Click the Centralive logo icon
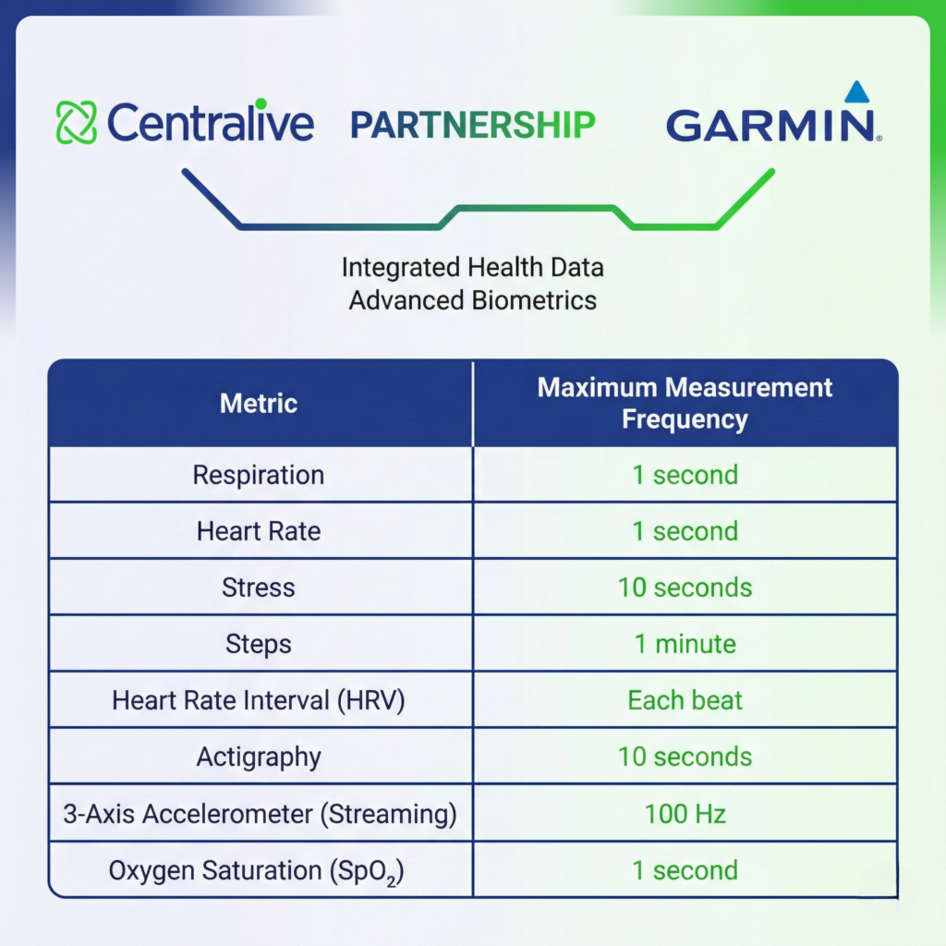pyautogui.click(x=76, y=123)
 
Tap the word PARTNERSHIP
pyautogui.click(x=472, y=125)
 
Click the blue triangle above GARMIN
pyautogui.click(x=856, y=91)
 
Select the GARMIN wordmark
pyautogui.click(x=770, y=126)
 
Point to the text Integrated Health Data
pyautogui.click(x=472, y=268)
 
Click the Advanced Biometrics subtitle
pyautogui.click(x=472, y=300)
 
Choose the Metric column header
pyautogui.click(x=259, y=403)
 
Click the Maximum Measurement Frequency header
pyautogui.click(x=685, y=403)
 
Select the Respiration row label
pyautogui.click(x=259, y=475)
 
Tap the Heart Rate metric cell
pyautogui.click(x=259, y=531)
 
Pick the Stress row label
pyautogui.click(x=259, y=588)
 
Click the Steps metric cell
pyautogui.click(x=259, y=644)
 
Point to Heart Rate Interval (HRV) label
pyautogui.click(x=259, y=700)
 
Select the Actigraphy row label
pyautogui.click(x=259, y=757)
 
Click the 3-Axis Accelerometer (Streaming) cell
pyautogui.click(x=259, y=814)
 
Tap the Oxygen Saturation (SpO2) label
pyautogui.click(x=259, y=871)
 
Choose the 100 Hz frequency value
pyautogui.click(x=685, y=814)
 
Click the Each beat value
pyautogui.click(x=685, y=700)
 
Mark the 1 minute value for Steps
pyautogui.click(x=685, y=644)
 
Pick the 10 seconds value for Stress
pyautogui.click(x=685, y=588)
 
